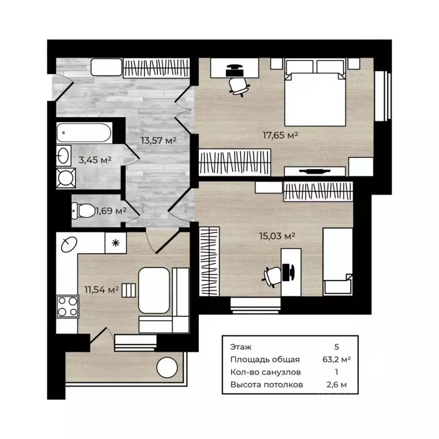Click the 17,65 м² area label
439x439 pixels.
pyautogui.click(x=280, y=135)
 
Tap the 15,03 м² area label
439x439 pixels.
pyautogui.click(x=277, y=236)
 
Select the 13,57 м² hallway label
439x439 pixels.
pyautogui.click(x=158, y=140)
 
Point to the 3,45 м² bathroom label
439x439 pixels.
pyautogui.click(x=95, y=160)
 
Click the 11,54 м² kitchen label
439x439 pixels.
pyautogui.click(x=102, y=289)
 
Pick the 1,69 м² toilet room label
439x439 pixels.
pyautogui.click(x=111, y=210)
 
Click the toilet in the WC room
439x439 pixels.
pyautogui.click(x=83, y=210)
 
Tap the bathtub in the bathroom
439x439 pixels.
pyautogui.click(x=84, y=133)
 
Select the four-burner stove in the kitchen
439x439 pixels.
pyautogui.click(x=67, y=306)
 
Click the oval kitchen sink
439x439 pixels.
pyautogui.click(x=69, y=245)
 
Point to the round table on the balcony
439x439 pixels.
pyautogui.click(x=167, y=368)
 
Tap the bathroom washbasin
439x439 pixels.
pyautogui.click(x=64, y=155)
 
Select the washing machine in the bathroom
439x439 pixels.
pyautogui.click(x=66, y=178)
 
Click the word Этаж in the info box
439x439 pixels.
pyautogui.click(x=241, y=347)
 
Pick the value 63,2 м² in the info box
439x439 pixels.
pyautogui.click(x=337, y=359)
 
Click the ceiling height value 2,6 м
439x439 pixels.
pyautogui.click(x=337, y=385)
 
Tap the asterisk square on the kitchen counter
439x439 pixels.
pyautogui.click(x=115, y=243)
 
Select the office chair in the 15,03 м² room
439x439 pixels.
pyautogui.click(x=272, y=276)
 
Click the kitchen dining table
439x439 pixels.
pyautogui.click(x=154, y=290)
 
